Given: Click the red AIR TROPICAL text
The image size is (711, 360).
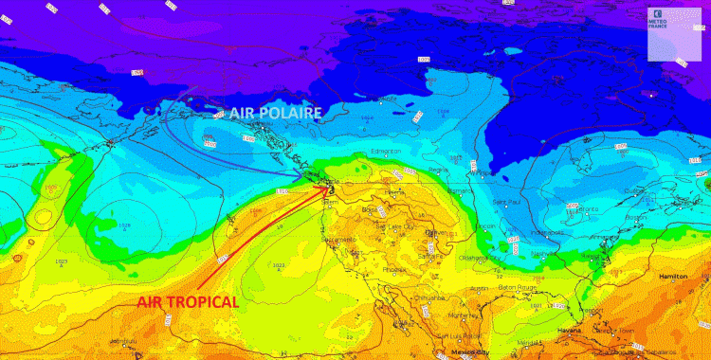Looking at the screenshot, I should [187, 302].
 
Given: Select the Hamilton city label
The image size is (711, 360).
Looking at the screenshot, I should [672, 276].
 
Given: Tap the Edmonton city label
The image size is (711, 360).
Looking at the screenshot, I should [387, 151].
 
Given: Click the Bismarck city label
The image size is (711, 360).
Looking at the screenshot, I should [461, 189].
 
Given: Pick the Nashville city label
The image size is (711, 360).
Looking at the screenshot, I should [543, 253].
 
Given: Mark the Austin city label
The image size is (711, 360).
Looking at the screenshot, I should [479, 288].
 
